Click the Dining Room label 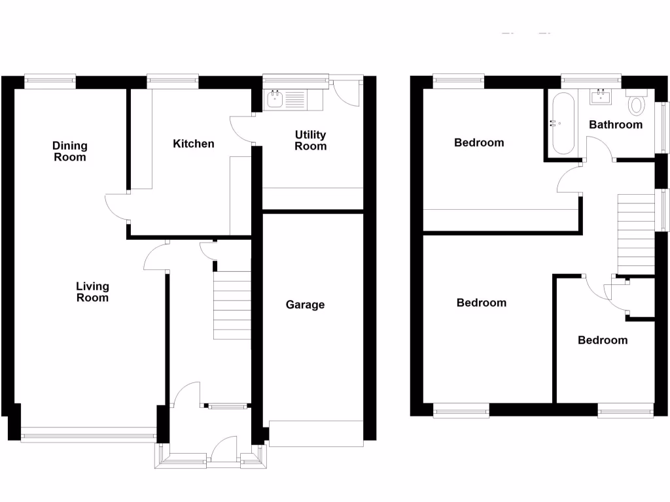tap(69, 152)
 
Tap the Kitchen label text tap(193, 144)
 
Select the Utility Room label tap(310, 141)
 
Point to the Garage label tap(305, 305)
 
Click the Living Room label tap(92, 292)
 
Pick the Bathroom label tap(616, 124)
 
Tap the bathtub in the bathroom tap(562, 123)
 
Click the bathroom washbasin tap(601, 97)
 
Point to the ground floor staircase tap(232, 305)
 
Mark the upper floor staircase tap(636, 233)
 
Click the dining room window tap(50, 81)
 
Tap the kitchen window tap(173, 81)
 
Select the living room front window tap(88, 431)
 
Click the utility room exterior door tap(347, 93)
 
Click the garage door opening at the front tap(316, 434)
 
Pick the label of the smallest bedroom tap(602, 341)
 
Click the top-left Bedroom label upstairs tap(479, 142)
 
